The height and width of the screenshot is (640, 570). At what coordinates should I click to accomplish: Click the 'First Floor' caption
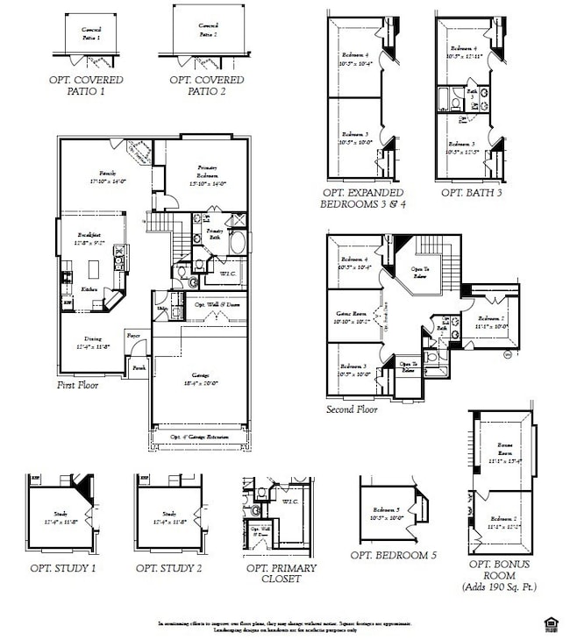[78, 385]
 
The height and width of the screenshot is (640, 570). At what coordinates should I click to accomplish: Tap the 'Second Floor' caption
[352, 409]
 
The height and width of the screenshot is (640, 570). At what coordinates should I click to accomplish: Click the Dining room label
[92, 342]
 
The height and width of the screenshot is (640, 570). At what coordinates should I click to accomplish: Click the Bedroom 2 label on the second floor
[492, 322]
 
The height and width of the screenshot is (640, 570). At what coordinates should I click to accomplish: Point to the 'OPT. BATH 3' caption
[471, 193]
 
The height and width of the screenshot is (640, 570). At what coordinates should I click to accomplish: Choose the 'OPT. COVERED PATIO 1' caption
[86, 85]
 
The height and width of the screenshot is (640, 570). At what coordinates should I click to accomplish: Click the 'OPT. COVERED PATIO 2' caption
[207, 85]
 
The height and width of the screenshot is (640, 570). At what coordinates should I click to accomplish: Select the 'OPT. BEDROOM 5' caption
[393, 555]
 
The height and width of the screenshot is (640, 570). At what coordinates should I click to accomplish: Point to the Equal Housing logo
[552, 624]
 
